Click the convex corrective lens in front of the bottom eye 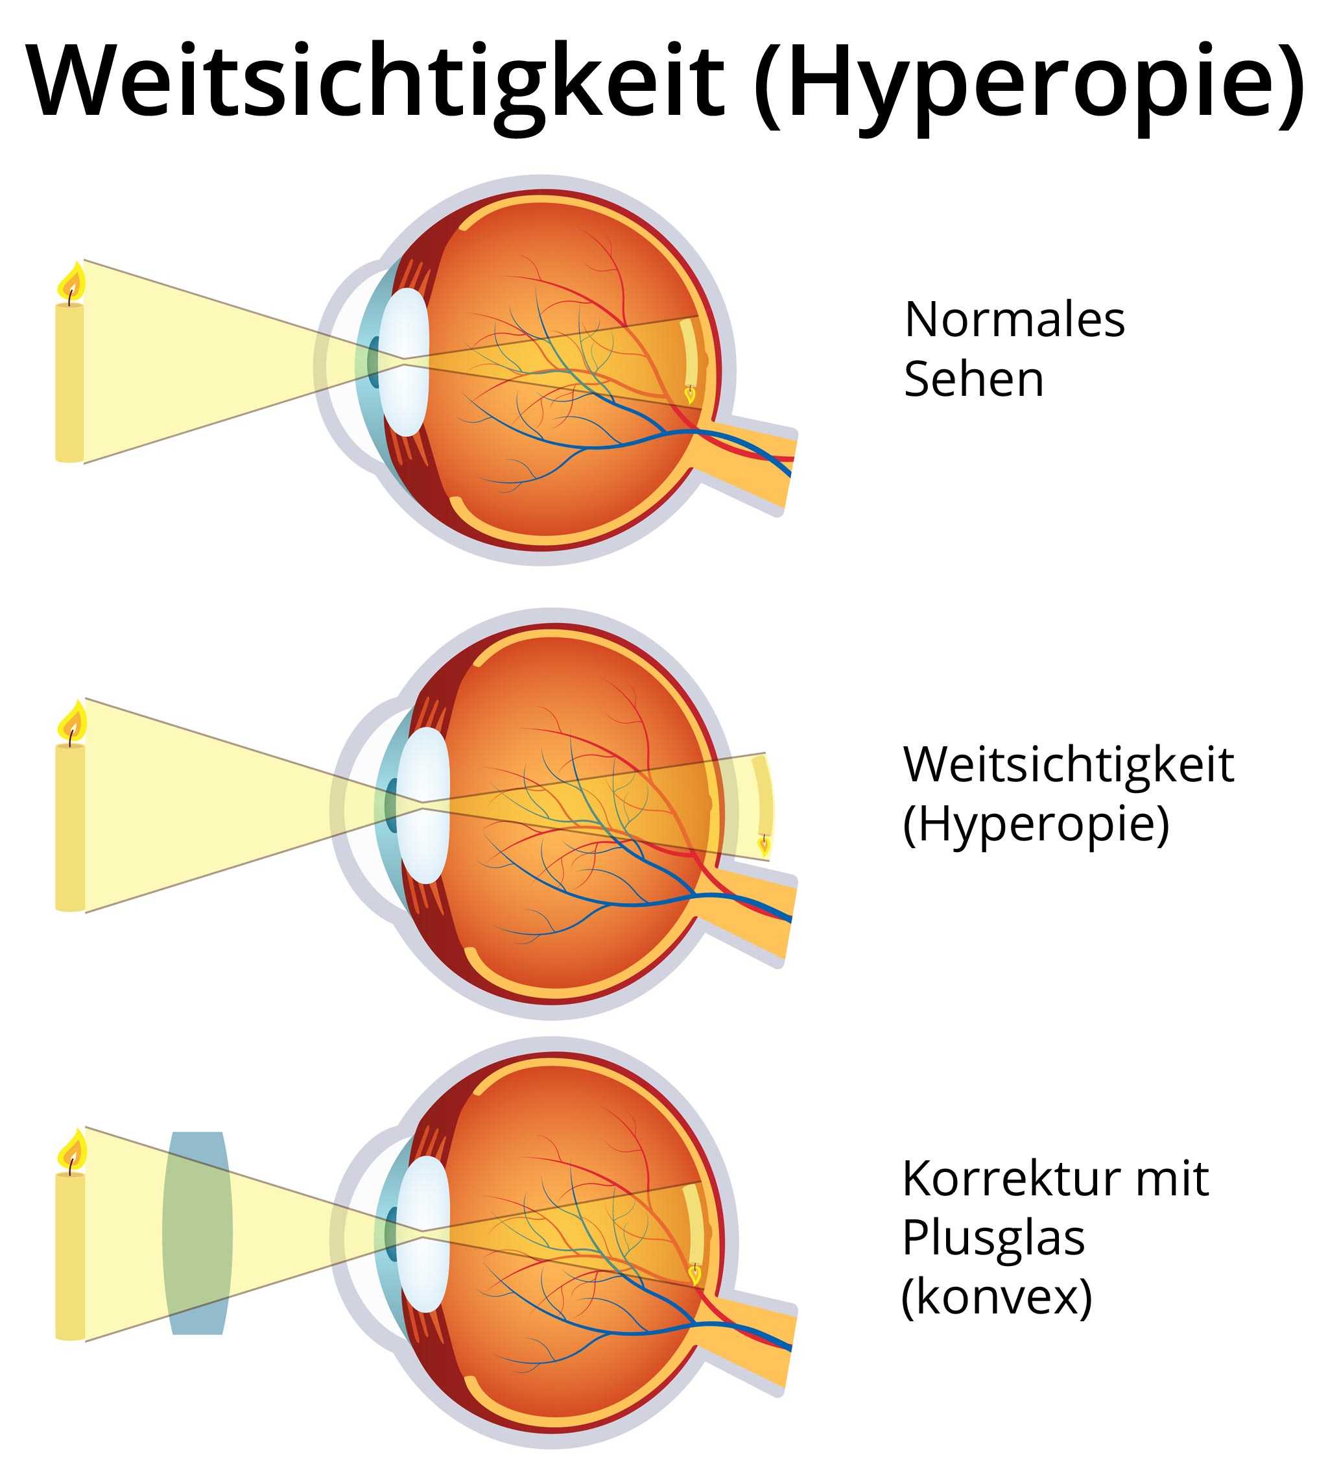click(197, 1233)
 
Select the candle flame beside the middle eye click(71, 722)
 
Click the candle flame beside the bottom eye click(71, 1151)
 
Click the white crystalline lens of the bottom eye click(425, 1234)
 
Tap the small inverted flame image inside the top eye click(689, 395)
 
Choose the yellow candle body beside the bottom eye click(70, 1256)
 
